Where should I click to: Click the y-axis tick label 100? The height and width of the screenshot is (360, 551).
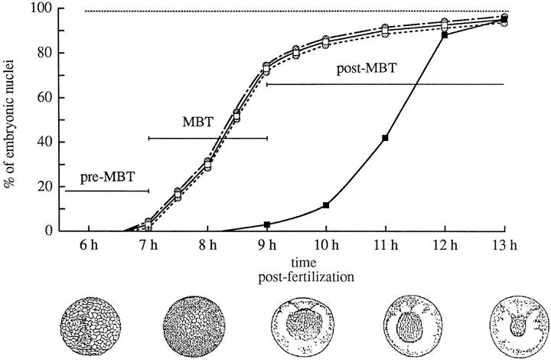tap(41, 10)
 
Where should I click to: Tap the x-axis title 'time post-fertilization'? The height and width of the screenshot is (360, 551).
tap(296, 267)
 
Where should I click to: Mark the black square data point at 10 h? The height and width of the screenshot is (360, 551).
tap(326, 205)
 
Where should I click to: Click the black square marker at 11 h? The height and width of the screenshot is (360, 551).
tap(385, 138)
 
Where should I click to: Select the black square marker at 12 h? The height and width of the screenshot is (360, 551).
tap(445, 35)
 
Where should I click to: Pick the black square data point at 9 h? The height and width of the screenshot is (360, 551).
tap(266, 224)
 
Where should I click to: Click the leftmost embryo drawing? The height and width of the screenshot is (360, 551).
tap(89, 323)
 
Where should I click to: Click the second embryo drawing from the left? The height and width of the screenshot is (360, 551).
tap(193, 323)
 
